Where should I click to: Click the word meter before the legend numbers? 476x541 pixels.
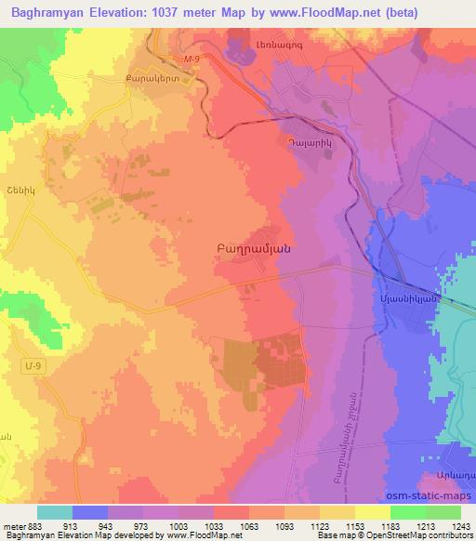point(13,526)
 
